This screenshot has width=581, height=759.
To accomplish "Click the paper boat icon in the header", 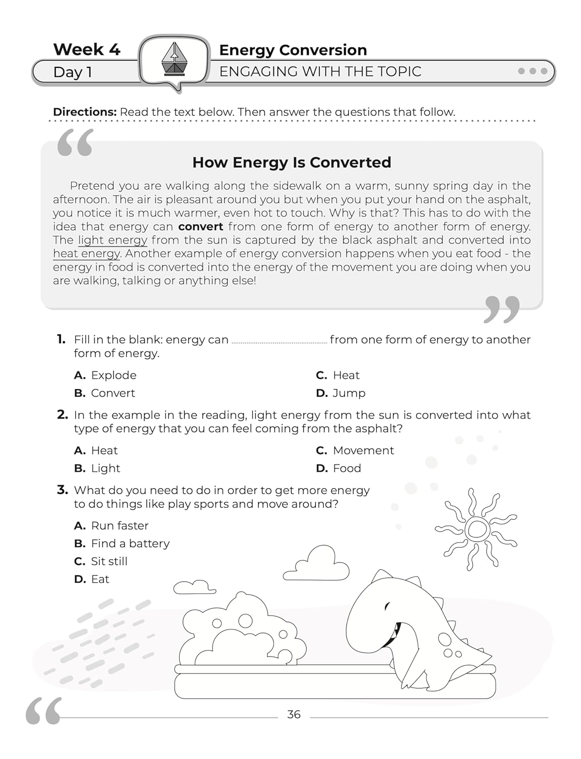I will point(174,59).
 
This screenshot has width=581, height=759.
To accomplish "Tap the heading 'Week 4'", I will point(87,50).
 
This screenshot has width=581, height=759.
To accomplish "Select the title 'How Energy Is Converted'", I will point(292,162).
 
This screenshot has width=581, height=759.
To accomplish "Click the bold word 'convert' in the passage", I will point(200,227).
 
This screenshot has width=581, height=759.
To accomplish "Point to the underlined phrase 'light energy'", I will point(112,240).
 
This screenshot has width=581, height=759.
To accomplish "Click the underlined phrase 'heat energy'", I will point(87,254).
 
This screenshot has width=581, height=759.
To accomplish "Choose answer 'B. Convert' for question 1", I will point(105,393).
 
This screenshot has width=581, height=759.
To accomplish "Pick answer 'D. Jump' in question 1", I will point(341,393).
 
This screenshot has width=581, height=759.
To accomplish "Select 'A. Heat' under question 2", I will point(96,451).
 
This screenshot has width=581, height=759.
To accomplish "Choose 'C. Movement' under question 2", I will point(355,451).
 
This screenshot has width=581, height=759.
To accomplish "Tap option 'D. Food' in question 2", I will point(339,469).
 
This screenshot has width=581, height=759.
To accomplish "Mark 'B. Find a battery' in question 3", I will point(122,544).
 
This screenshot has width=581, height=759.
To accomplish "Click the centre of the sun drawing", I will point(476,529).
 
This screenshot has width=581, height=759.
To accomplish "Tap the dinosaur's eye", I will point(387,606).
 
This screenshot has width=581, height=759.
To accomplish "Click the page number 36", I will point(294,714).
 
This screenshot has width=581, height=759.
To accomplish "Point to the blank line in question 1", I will point(279,342).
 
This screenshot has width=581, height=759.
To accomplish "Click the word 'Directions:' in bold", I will point(85,112).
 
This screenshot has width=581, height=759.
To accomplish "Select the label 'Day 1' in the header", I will point(72,72).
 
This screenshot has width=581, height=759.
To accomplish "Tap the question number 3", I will point(62,490).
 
